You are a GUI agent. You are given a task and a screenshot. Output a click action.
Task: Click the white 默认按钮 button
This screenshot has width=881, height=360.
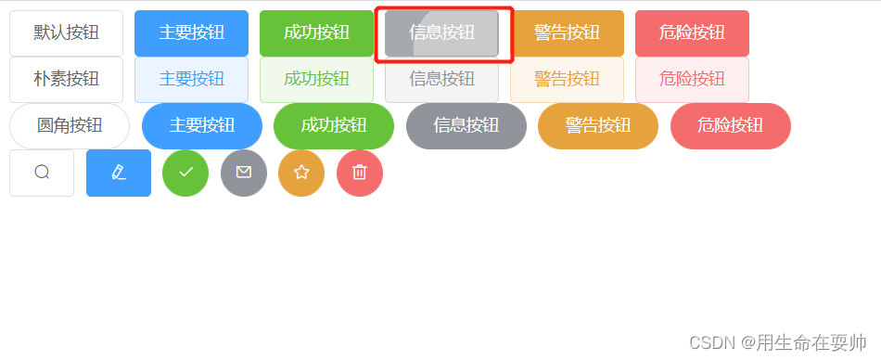point(66,33)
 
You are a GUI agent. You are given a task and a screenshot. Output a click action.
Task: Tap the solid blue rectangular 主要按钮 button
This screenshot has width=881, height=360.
point(191,33)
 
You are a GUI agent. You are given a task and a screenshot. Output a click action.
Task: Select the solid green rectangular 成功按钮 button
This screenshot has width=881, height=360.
point(316,33)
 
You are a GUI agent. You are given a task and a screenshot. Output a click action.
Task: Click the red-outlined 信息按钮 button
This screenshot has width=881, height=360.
point(441,33)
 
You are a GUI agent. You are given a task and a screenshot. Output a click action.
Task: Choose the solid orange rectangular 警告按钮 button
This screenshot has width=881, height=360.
point(567,33)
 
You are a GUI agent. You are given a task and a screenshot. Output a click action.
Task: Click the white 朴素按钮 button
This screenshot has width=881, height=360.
point(66,80)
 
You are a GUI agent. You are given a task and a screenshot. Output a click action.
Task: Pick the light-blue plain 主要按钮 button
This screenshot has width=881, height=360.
point(191,80)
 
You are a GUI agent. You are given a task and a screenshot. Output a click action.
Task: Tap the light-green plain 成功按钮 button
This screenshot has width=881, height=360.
point(316,80)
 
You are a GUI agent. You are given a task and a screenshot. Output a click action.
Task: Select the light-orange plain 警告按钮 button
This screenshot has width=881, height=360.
point(567,80)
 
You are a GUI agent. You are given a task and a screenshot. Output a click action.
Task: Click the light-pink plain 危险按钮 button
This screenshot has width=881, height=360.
point(692,80)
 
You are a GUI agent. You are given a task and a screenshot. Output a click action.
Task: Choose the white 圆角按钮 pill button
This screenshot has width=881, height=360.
point(70,126)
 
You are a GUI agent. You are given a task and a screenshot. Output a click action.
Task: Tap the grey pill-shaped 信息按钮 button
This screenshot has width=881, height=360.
point(466,126)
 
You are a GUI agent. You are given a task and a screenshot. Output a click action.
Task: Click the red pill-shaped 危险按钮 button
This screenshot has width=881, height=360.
point(730,126)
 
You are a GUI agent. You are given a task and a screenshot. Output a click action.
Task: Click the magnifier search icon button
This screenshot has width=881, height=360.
point(42,173)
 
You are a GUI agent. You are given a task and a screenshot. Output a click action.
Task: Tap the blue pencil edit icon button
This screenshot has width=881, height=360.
point(119,173)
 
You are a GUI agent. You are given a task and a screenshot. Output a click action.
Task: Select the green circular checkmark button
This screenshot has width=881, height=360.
point(185,173)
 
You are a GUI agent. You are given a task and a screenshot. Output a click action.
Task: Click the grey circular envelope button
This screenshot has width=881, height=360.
point(244,173)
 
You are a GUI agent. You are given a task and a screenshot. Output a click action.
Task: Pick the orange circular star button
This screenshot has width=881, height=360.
point(301,173)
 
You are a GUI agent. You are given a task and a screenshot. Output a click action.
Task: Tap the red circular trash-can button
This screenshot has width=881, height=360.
point(360,173)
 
